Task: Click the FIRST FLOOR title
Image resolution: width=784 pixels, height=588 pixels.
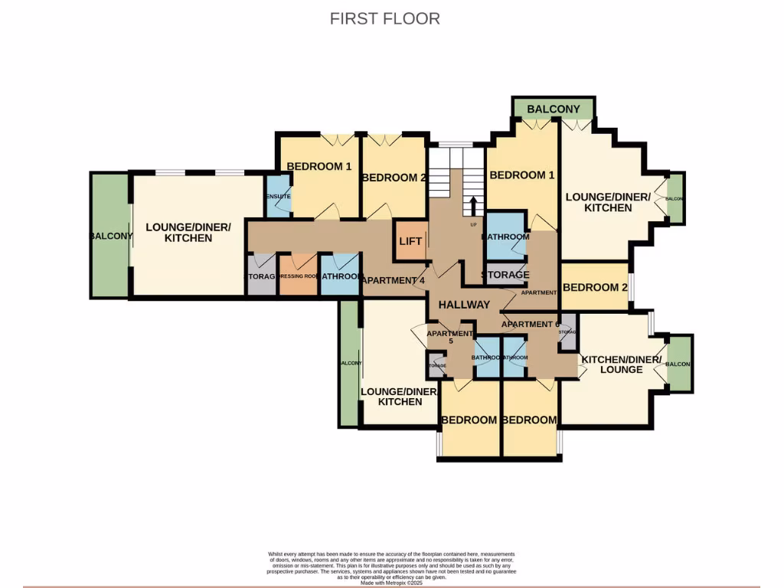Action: [384, 18]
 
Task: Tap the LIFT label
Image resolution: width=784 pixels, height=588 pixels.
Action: [410, 241]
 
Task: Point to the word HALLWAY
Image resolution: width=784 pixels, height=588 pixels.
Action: [464, 305]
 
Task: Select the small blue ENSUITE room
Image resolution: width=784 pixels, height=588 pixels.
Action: [279, 197]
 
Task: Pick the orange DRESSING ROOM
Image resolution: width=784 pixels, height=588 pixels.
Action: [299, 275]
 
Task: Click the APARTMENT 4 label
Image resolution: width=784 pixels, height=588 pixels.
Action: [393, 280]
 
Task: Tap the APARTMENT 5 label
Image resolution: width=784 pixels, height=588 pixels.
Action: [449, 338]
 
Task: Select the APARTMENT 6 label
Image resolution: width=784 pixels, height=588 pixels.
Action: [530, 324]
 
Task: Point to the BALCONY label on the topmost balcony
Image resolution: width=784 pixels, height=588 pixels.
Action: [553, 109]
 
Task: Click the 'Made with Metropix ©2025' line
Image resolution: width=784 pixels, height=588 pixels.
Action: [391, 583]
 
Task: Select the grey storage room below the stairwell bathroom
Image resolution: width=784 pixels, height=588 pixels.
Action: [505, 275]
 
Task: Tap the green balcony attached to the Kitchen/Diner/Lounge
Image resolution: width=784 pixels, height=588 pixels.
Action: [679, 364]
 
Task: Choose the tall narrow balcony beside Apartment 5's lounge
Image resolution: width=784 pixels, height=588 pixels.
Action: [349, 363]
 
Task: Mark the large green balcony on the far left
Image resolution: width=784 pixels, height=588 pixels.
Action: [109, 236]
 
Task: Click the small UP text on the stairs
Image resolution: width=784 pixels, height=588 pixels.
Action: [474, 224]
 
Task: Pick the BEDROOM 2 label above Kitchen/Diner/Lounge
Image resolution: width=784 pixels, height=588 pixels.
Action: [590, 288]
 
